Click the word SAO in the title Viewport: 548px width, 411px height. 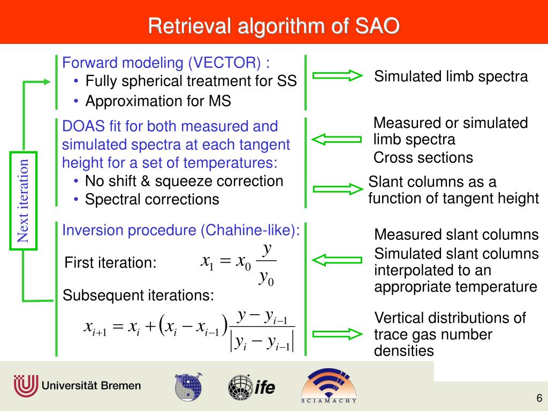coord(377,26)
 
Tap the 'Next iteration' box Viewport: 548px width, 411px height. coord(23,201)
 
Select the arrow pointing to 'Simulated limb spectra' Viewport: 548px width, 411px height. coord(338,75)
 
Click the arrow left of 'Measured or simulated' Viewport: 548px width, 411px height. coord(336,140)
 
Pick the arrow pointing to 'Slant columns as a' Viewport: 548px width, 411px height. coord(338,189)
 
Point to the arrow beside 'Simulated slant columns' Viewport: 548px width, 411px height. coord(337,261)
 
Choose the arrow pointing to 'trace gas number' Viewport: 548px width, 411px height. coord(338,334)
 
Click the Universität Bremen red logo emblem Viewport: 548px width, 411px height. coord(26,386)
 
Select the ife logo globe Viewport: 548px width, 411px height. coord(240,387)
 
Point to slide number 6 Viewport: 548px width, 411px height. coord(539,398)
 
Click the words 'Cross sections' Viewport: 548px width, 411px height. coord(423,158)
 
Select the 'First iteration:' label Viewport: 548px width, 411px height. coord(110,262)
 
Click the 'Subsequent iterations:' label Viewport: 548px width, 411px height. coord(139,295)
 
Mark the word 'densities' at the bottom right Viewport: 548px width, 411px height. coord(404,351)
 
